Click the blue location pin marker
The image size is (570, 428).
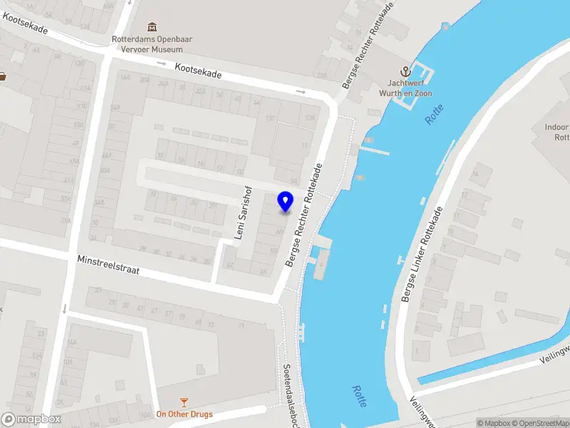[x=286, y=201]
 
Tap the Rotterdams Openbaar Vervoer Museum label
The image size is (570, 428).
[x=147, y=44]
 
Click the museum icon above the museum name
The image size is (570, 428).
[x=151, y=26]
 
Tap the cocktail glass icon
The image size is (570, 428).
[x=185, y=402]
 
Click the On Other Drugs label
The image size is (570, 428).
[x=185, y=414]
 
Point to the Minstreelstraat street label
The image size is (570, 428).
[x=109, y=267]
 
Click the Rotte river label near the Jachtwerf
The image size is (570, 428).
[x=435, y=114]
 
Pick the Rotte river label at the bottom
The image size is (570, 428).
[x=360, y=396]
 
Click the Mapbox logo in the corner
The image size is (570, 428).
[x=31, y=419]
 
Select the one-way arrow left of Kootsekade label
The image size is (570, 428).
[x=162, y=65]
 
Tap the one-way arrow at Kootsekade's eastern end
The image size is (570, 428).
[x=301, y=91]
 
